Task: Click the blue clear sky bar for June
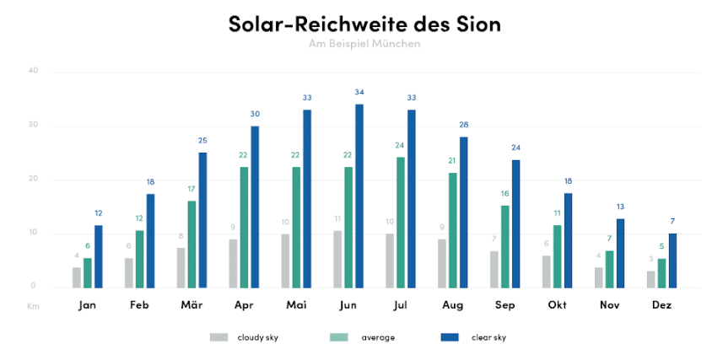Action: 359,196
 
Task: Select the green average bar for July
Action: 400,222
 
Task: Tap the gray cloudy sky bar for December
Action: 650,278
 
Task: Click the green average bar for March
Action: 192,244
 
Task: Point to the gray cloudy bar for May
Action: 285,261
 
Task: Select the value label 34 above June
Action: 359,92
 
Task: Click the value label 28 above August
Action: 464,125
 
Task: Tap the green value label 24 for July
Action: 400,145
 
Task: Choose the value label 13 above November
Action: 620,207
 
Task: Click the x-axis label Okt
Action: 558,305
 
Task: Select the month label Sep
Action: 504,305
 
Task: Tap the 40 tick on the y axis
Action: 33,71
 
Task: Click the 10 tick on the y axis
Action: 33,233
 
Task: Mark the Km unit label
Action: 33,306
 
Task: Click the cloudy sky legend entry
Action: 245,337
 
